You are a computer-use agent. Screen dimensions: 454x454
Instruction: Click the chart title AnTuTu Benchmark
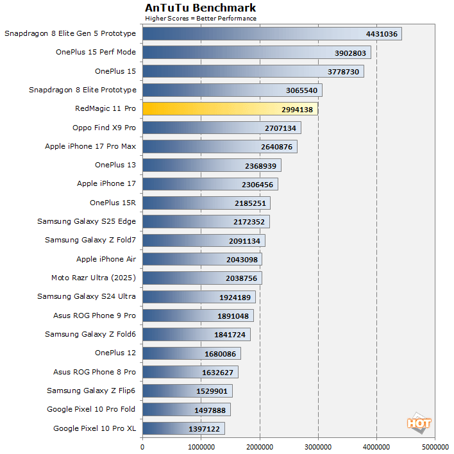(200, 8)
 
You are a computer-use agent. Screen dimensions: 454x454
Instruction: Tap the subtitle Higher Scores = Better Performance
(200, 18)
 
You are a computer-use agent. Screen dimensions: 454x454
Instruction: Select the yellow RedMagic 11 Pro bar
(230, 109)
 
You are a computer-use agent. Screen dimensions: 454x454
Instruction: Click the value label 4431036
(382, 34)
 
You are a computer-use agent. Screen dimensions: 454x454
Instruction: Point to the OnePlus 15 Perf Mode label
(96, 53)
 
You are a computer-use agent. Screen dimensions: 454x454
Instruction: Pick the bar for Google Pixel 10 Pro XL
(183, 428)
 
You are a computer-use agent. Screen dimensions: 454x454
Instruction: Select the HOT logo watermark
(419, 423)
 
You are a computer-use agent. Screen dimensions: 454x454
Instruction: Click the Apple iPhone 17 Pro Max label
(90, 146)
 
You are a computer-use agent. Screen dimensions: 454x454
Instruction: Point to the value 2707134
(280, 128)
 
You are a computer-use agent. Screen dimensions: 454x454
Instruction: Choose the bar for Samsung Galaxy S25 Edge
(206, 222)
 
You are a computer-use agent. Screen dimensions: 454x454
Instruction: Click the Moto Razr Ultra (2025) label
(94, 278)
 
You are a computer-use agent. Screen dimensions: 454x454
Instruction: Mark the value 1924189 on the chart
(234, 297)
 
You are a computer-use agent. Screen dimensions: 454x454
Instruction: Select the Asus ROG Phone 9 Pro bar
(198, 315)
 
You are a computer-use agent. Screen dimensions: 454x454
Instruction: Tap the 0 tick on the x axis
(142, 446)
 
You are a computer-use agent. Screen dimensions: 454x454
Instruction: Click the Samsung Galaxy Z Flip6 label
(91, 391)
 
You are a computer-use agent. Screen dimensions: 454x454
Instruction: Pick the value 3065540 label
(301, 90)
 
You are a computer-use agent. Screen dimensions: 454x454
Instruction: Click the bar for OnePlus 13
(212, 165)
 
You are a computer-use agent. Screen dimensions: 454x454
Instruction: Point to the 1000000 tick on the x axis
(201, 446)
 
